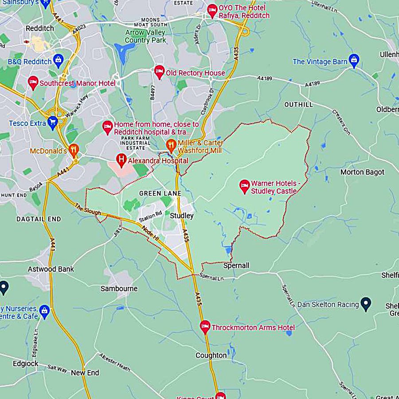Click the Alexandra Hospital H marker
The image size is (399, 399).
pos(121,159)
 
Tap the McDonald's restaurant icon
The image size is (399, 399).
pos(74,149)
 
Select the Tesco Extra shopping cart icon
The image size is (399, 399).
pos(53,121)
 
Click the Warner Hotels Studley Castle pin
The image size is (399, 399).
pos(244,186)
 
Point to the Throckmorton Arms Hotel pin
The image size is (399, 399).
pos(204,327)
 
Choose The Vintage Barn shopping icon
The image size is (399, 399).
pos(353,60)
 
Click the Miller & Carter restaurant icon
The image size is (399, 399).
pos(171,144)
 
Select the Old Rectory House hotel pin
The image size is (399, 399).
pos(159,71)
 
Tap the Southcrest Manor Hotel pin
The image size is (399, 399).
pos(33,82)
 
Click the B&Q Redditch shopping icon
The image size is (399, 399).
pos(58,60)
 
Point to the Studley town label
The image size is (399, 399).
pos(182,215)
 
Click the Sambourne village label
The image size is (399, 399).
pos(119,289)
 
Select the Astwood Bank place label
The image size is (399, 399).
pos(51,269)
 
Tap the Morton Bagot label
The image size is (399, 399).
pos(362,172)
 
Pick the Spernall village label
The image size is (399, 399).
pos(236,266)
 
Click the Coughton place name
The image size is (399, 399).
pos(211,356)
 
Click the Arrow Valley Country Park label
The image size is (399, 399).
pos(145,36)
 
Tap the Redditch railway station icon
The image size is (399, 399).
pos(27,41)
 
